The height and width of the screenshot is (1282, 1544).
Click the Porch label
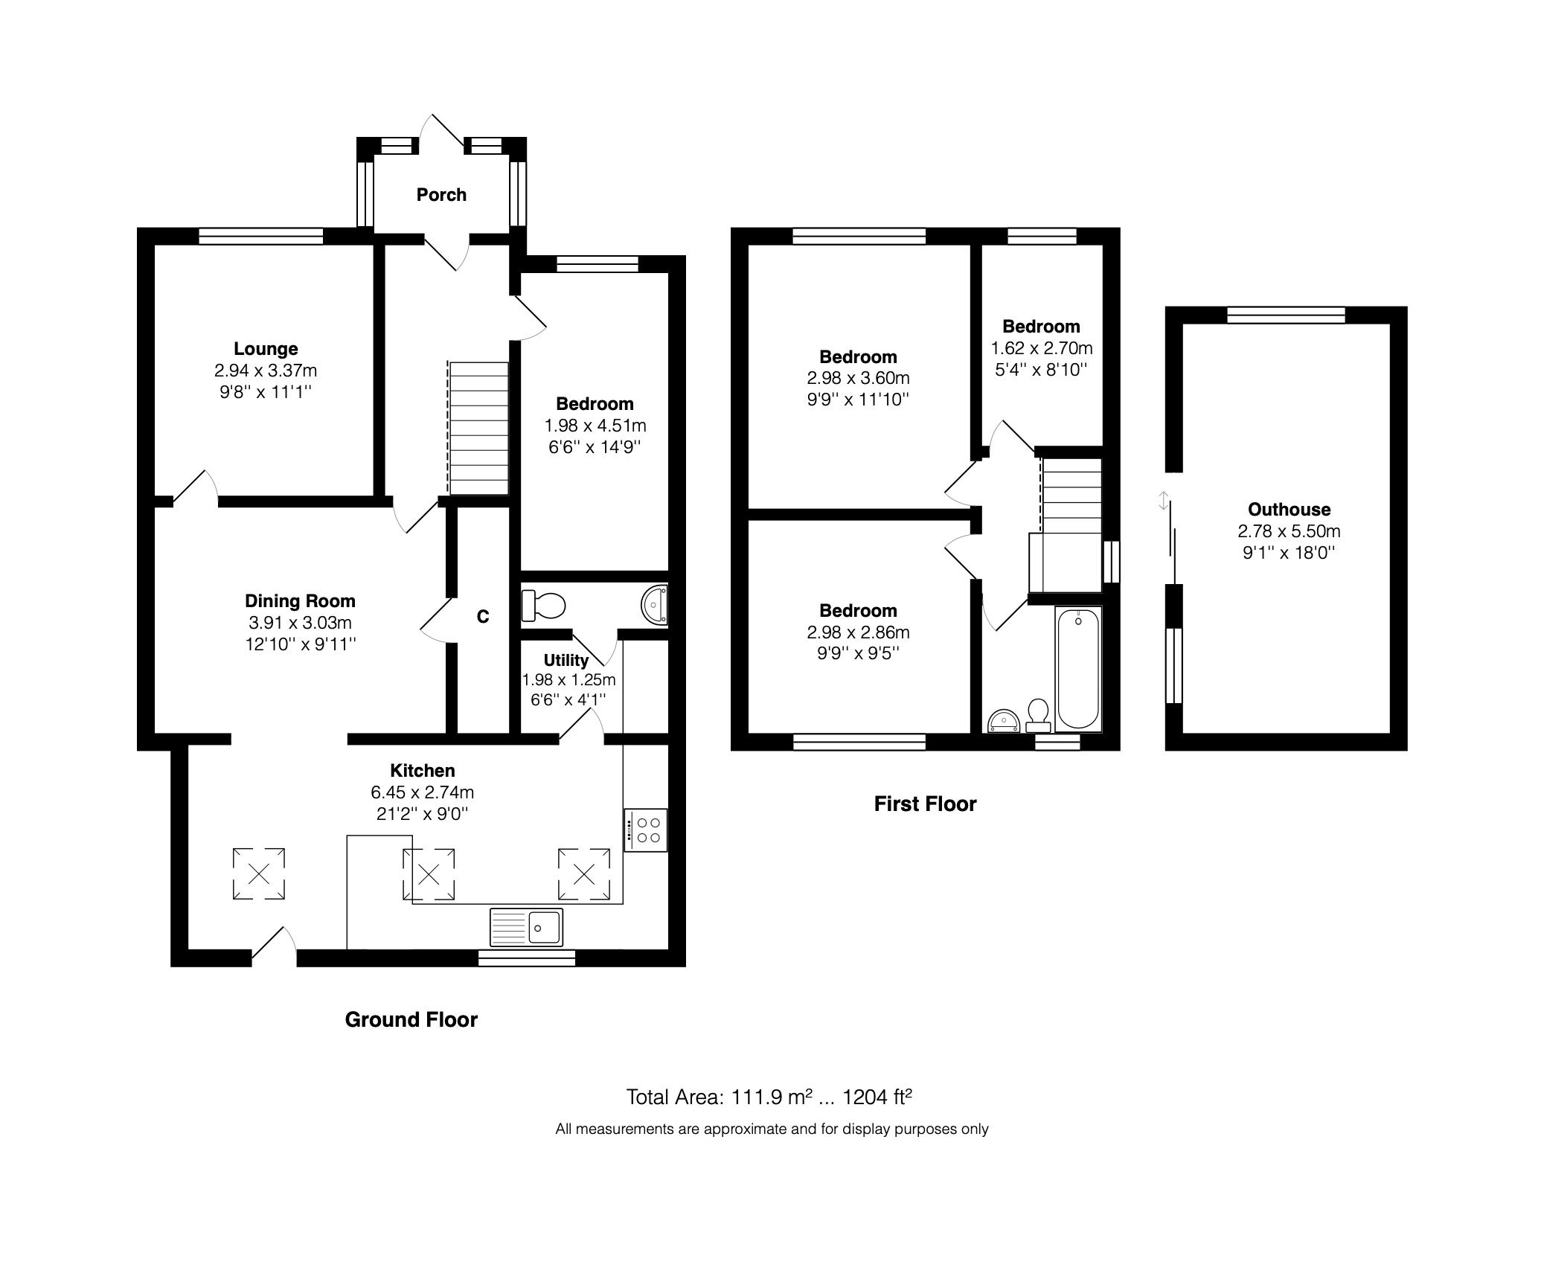441,195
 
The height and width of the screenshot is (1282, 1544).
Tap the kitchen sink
526,927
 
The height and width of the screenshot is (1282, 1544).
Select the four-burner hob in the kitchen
645,830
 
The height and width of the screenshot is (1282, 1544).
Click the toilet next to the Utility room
543,605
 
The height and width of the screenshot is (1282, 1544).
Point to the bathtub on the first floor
1077,668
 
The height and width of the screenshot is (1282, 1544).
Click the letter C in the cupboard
482,617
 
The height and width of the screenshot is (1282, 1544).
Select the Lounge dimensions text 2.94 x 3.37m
266,371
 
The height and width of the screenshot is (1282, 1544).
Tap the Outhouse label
1289,510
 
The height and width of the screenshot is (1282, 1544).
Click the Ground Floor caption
411,1019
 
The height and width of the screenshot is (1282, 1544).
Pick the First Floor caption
924,804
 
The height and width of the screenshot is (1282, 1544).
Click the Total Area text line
769,1097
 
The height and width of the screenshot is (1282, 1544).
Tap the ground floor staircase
478,428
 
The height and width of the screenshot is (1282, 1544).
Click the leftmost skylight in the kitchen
258,874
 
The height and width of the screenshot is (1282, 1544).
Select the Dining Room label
300,601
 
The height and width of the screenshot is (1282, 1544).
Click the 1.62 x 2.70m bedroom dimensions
1041,348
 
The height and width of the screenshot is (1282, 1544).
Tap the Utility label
566,660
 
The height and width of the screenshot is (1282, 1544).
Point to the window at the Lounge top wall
261,236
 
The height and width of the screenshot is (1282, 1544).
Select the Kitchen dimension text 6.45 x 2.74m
423,792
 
